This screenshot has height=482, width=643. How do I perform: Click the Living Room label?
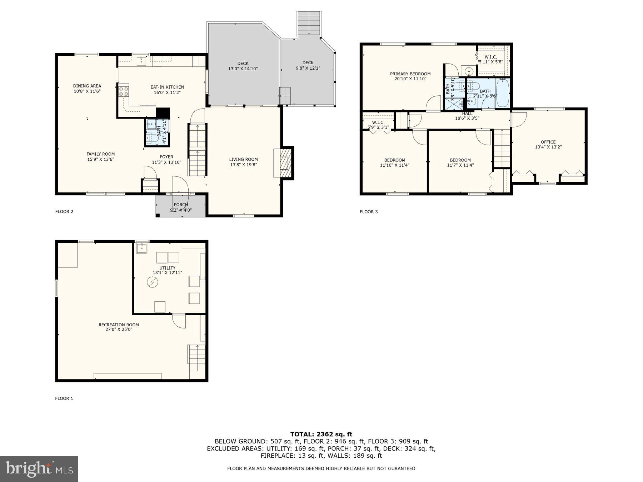pyautogui.click(x=243, y=160)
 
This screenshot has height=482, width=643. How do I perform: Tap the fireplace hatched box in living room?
pyautogui.click(x=285, y=163)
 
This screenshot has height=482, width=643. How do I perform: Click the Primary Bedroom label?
pyautogui.click(x=410, y=74)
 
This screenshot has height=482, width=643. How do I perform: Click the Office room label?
pyautogui.click(x=548, y=142)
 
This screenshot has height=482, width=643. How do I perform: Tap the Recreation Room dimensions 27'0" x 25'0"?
pyautogui.click(x=119, y=330)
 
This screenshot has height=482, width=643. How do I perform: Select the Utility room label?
pyautogui.click(x=167, y=268)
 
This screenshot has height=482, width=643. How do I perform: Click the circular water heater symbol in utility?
pyautogui.click(x=153, y=283)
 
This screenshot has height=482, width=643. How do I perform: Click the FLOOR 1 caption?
pyautogui.click(x=64, y=398)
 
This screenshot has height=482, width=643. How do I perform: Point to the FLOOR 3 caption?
pyautogui.click(x=369, y=212)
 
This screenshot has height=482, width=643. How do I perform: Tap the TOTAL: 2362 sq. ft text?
pyautogui.click(x=321, y=434)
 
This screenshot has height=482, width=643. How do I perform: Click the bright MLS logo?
pyautogui.click(x=39, y=469)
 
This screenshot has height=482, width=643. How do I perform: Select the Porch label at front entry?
pyautogui.click(x=181, y=205)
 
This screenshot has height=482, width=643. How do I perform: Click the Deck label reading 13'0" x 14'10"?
pyautogui.click(x=243, y=66)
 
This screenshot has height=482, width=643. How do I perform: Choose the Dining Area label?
pyautogui.click(x=87, y=86)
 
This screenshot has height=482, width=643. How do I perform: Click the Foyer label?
pyautogui.click(x=166, y=157)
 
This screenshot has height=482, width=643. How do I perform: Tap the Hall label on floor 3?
pyautogui.click(x=467, y=114)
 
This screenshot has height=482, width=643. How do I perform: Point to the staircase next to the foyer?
pyautogui.click(x=198, y=150)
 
